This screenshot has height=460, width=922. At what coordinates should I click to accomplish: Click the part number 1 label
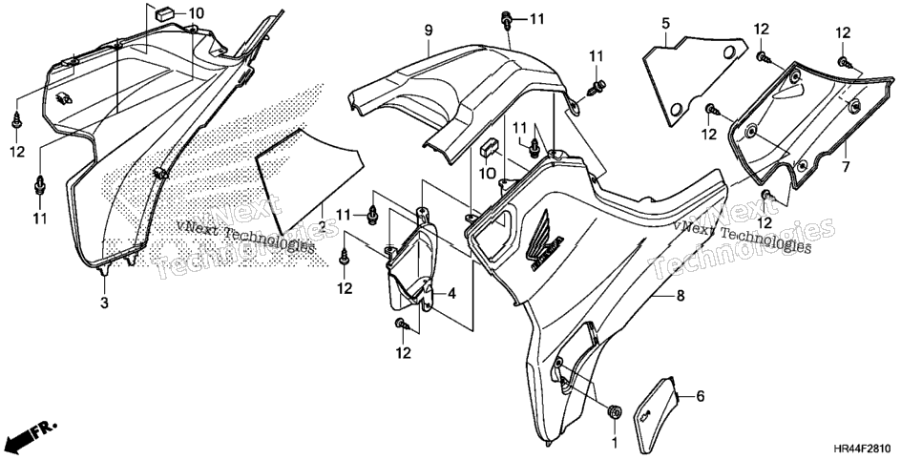point(615,441)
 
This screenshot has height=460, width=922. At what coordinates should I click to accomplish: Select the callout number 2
point(323,226)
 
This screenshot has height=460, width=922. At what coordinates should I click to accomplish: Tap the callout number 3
point(104,303)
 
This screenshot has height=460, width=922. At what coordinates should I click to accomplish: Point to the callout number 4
point(451,293)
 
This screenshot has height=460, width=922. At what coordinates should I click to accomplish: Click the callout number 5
point(665,24)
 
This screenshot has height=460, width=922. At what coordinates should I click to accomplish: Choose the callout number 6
point(700,396)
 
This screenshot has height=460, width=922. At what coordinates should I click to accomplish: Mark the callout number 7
point(846,167)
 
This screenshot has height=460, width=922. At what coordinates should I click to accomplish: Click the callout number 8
point(681,297)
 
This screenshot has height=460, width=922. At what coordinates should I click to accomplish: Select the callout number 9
point(428,30)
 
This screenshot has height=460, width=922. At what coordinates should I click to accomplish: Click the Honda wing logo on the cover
point(544,244)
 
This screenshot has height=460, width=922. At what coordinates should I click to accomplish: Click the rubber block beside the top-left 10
point(163,13)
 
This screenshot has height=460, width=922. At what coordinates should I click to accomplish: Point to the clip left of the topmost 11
point(506,19)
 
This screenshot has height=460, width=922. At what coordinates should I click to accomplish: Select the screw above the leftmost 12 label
point(16,120)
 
